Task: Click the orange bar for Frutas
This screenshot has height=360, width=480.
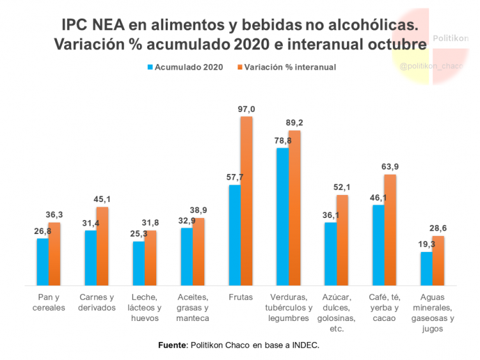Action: (246, 201)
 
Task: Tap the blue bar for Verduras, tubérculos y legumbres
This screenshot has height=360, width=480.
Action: (282, 217)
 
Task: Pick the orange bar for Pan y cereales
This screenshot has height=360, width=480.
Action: (54, 254)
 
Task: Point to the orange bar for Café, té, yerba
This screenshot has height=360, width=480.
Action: (390, 230)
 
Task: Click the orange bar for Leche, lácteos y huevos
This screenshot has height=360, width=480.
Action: (150, 258)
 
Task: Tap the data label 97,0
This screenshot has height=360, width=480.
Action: (246, 109)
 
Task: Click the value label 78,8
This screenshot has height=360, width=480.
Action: (282, 141)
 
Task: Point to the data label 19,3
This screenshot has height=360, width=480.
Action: (426, 245)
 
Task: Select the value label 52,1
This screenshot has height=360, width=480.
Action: (342, 187)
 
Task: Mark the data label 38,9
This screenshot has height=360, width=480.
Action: (198, 210)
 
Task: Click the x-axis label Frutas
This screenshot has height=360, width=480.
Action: (240, 297)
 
